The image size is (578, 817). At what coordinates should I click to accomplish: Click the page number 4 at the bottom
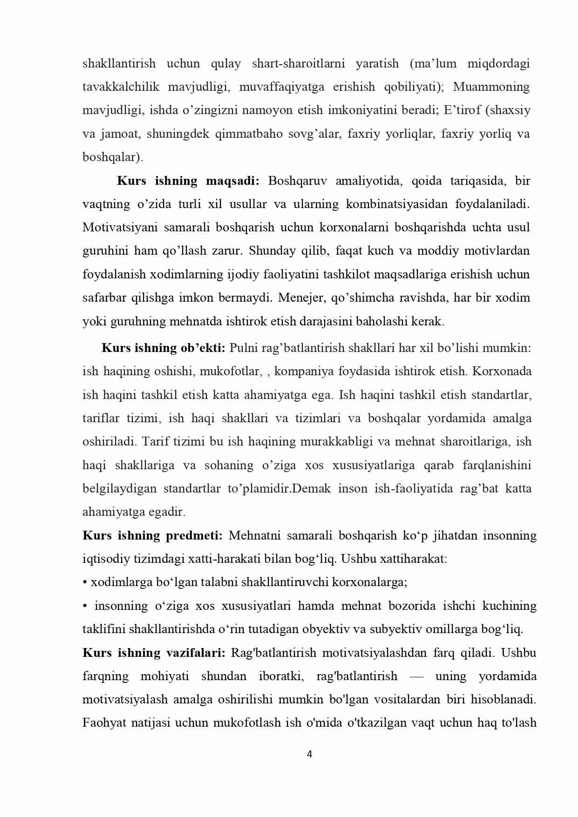310,755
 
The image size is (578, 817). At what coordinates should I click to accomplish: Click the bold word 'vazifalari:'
196,653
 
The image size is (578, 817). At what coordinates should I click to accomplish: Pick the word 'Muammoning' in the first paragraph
491,87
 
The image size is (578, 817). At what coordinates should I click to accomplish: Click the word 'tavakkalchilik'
121,87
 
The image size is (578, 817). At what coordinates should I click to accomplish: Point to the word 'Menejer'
296,297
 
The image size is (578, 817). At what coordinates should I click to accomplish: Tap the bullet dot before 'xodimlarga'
85,582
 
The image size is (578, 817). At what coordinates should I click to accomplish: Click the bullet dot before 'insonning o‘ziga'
85,606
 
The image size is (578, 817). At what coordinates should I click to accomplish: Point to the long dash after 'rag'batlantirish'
416,676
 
